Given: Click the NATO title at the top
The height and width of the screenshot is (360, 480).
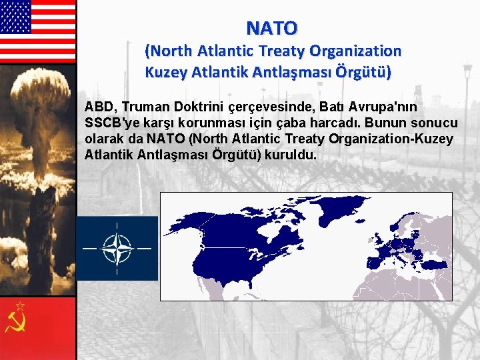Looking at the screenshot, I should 272,28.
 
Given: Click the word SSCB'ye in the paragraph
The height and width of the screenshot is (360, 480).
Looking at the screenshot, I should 109,123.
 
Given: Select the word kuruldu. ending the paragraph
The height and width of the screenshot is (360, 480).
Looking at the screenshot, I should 291,155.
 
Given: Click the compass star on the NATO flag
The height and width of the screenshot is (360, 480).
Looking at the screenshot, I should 117,248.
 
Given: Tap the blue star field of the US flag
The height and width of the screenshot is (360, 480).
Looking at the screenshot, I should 15,17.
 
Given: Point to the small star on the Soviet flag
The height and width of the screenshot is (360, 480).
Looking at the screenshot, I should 20,306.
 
